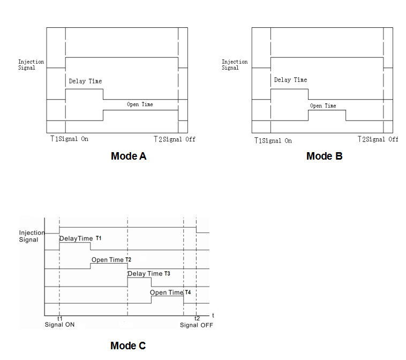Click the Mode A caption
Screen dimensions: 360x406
coord(128,156)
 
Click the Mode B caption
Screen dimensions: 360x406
coord(324,156)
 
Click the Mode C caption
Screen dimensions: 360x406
coord(127,346)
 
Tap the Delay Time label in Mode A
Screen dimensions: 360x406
coord(85,81)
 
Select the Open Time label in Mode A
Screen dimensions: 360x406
coord(140,104)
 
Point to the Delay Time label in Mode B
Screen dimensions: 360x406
coord(290,80)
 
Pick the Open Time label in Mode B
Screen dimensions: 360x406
coord(323,106)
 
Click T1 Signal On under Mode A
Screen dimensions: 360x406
coord(69,139)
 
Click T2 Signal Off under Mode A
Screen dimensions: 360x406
coord(175,139)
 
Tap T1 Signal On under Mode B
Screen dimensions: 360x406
coord(273,140)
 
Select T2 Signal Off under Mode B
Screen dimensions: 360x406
coord(378,139)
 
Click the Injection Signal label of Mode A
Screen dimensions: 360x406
coord(31,65)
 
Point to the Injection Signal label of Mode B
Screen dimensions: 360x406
coord(235,65)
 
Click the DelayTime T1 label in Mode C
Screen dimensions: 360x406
coord(80,238)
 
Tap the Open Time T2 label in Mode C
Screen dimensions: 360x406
coord(111,260)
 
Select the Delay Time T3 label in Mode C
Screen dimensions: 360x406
coord(148,274)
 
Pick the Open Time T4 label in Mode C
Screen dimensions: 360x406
coord(170,292)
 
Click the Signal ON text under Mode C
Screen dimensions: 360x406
coord(59,325)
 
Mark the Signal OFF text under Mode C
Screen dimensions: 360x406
coord(196,325)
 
